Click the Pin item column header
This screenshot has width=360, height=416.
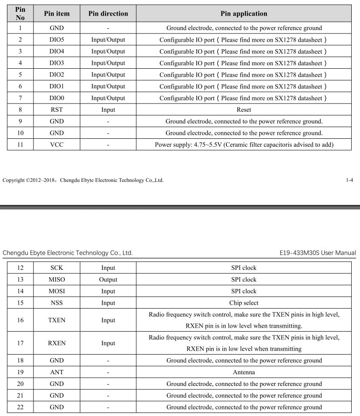click(x=57, y=13)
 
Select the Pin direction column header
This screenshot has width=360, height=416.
click(x=108, y=13)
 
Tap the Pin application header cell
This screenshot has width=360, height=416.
click(x=244, y=13)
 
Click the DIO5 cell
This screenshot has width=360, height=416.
click(x=57, y=40)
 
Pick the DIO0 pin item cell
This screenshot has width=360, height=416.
click(x=57, y=98)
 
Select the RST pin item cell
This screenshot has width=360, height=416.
click(x=57, y=110)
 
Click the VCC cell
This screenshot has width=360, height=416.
click(x=57, y=144)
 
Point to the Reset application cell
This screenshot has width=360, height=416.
click(x=244, y=110)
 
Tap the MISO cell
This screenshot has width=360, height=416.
click(x=57, y=279)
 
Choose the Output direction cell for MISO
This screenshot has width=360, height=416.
click(x=108, y=279)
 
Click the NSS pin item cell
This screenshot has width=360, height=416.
click(x=57, y=303)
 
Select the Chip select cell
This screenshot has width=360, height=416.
click(x=244, y=303)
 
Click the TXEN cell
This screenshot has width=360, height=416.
click(x=57, y=320)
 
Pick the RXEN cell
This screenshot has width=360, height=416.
click(x=57, y=343)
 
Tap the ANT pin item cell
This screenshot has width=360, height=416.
click(x=57, y=372)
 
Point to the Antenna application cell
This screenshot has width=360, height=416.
click(x=244, y=372)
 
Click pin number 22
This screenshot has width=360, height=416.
click(x=20, y=407)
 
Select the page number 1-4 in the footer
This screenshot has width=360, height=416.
click(x=349, y=180)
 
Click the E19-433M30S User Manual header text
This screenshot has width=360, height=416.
click(x=318, y=253)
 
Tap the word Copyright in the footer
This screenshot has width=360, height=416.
click(x=13, y=180)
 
